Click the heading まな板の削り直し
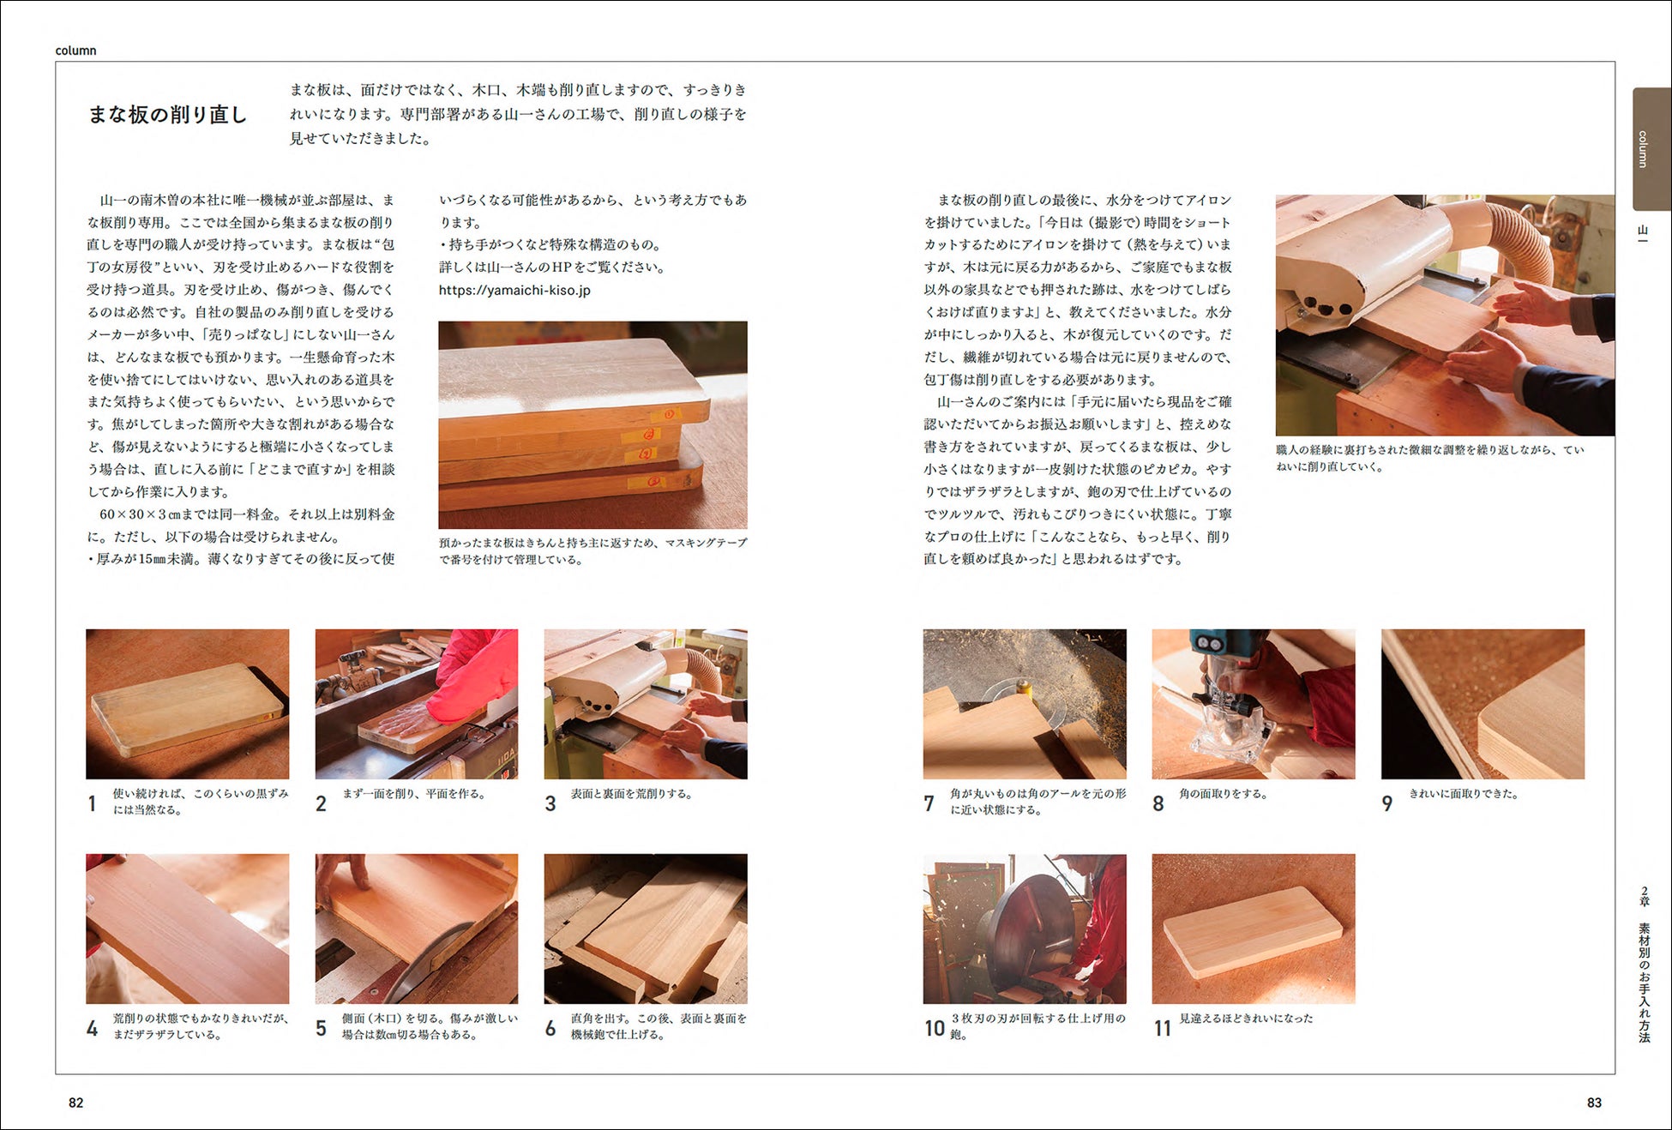[168, 114]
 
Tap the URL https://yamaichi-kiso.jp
[514, 290]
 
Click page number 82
[76, 1103]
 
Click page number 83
[1594, 1103]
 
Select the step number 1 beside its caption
[92, 803]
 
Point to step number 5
[321, 1028]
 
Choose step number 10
[935, 1028]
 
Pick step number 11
[1162, 1028]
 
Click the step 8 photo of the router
[1254, 704]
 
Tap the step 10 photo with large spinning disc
[1025, 929]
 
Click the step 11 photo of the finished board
[1254, 929]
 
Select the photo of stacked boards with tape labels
[592, 424]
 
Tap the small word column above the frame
[75, 51]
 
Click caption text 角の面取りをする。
[1224, 794]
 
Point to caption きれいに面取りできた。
[1465, 794]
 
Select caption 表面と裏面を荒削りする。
[632, 794]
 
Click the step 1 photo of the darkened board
[188, 704]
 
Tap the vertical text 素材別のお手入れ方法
[1644, 983]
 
